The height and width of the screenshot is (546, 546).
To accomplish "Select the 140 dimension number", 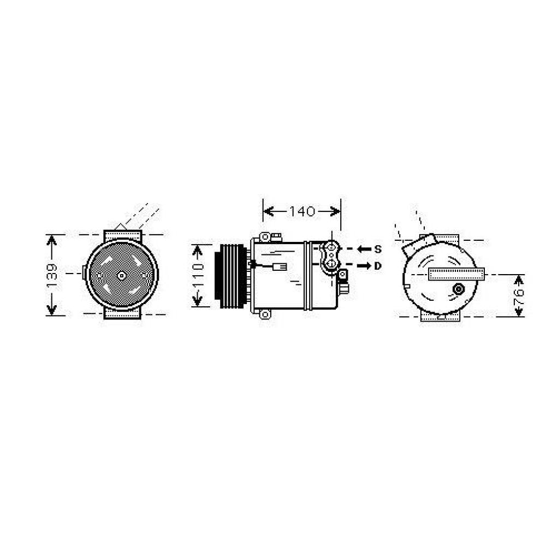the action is pos(302,211).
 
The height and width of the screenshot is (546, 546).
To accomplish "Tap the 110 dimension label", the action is pos(198,276).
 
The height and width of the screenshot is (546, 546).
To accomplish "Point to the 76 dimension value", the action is pos(519,296).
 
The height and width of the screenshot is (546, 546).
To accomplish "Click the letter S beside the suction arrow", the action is pos(378,249).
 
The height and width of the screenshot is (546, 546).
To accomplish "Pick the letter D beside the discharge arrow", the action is pos(377,266).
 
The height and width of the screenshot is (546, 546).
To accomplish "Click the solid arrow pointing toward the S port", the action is pos(364,249).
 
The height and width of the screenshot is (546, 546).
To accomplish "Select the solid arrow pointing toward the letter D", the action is pos(364,266).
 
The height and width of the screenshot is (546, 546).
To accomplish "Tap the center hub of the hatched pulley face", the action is pos(121,275).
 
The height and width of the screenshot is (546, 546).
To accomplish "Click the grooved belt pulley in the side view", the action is pos(231,276).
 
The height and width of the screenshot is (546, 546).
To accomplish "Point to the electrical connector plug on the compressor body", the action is pos(280,267).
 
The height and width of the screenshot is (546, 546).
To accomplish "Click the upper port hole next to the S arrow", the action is pos(331,248).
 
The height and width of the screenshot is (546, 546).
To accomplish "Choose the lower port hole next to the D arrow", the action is pos(331,263).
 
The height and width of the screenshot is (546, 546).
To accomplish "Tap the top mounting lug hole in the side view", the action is pos(265,237).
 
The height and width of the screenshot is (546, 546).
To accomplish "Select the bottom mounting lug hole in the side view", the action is pos(265,314).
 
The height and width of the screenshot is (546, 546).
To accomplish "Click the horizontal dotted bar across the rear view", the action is pos(456,274).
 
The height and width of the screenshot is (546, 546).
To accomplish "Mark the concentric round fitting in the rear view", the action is pos(459,289).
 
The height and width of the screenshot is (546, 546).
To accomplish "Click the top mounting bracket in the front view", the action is pos(123,235).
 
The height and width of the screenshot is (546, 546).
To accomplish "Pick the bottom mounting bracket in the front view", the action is pos(122,313).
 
